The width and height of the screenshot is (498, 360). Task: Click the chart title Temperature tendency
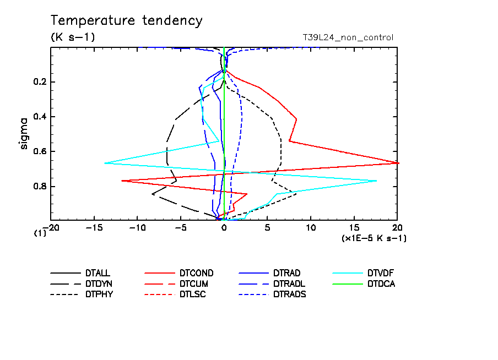pos(127,21)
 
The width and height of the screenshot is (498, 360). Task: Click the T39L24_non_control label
pos(348,37)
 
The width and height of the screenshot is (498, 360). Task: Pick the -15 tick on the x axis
pos(94,227)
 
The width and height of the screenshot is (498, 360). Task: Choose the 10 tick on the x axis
pos(311,227)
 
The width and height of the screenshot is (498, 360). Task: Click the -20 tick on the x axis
pos(51,227)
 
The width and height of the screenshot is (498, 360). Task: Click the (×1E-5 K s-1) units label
pos(374,238)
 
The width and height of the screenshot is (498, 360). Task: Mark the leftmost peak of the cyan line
pos(105,163)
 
